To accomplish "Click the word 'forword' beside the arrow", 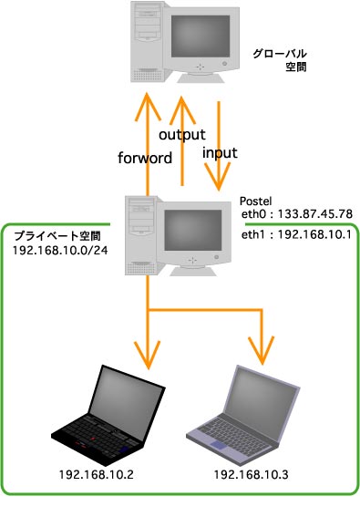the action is click(x=145, y=158).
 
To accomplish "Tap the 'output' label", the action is click(x=182, y=135).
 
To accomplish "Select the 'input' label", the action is click(x=220, y=153).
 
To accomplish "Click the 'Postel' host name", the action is click(x=255, y=201).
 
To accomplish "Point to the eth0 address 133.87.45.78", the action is click(x=315, y=213).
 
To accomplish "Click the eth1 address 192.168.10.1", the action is click(x=314, y=234).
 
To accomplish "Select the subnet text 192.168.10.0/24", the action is click(x=60, y=251).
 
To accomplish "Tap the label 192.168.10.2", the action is click(x=96, y=474).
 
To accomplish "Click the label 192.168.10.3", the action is click(x=252, y=474).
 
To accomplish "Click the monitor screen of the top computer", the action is click(x=201, y=36).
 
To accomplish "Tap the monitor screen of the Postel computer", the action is click(x=193, y=230).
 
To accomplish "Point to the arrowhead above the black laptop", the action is click(x=148, y=356).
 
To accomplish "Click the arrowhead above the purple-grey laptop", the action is click(x=262, y=350).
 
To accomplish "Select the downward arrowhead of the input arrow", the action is click(x=219, y=177).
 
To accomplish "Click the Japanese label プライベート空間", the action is click(x=57, y=236).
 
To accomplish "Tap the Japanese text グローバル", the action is click(x=280, y=54).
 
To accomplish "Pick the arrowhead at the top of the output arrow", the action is click(x=182, y=110).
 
